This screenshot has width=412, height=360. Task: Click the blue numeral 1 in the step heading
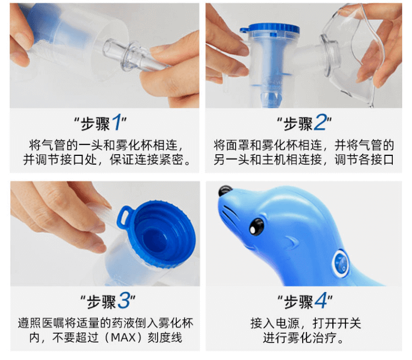point(116,122)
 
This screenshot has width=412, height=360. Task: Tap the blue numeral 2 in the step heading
point(320,122)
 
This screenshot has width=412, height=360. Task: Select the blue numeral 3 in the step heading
point(124,300)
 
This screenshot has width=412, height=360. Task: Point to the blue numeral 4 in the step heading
point(321,300)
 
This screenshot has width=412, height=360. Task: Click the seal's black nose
point(225,190)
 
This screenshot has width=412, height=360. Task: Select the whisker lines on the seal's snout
point(229,214)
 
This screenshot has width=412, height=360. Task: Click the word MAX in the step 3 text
point(123,337)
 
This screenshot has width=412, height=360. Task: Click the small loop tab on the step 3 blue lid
point(123,217)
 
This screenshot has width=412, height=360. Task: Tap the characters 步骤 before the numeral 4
point(298,301)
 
